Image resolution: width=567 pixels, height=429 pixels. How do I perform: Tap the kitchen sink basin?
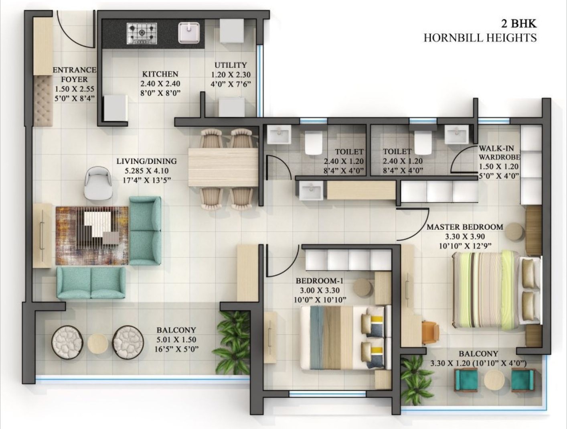click(x=189, y=32)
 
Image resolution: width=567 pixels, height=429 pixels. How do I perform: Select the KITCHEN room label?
click(x=160, y=74)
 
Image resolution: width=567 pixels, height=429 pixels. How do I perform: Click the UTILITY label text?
click(x=231, y=65)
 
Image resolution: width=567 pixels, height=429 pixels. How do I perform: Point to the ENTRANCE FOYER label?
click(x=75, y=74)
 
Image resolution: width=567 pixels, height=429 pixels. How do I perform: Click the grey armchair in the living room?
click(x=99, y=183)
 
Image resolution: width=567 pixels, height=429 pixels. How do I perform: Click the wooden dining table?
click(x=223, y=167)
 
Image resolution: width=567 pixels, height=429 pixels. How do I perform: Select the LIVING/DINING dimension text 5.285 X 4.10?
click(x=146, y=171)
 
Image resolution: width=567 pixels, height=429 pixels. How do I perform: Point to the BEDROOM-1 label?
click(x=319, y=281)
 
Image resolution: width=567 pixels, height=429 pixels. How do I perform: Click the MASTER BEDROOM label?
click(x=465, y=227)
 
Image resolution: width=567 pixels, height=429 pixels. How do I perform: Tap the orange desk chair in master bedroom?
click(x=430, y=333)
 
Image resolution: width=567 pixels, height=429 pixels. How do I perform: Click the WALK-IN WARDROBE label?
click(x=498, y=152)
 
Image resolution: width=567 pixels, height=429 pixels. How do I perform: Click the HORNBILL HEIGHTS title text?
click(x=480, y=38)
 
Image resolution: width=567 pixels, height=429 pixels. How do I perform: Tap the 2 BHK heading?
click(x=518, y=23)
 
